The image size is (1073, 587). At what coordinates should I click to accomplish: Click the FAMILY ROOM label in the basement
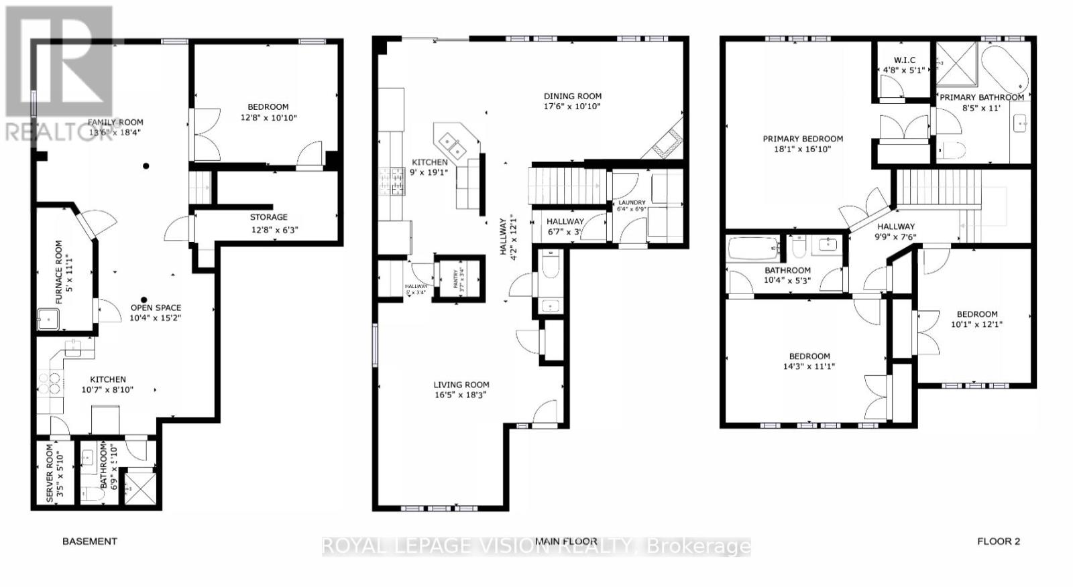tap(115, 127)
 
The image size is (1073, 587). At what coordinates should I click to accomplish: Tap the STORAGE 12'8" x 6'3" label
tap(269, 223)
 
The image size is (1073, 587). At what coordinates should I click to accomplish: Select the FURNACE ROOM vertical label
tap(64, 271)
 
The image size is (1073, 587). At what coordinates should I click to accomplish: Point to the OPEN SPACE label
tap(156, 312)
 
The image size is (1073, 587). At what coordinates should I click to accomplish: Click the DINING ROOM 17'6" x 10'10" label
tap(572, 101)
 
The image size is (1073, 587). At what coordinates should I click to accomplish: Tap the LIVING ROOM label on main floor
tap(461, 389)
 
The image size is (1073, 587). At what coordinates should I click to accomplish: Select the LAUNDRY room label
tap(632, 205)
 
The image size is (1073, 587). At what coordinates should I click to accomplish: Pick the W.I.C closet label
tap(904, 64)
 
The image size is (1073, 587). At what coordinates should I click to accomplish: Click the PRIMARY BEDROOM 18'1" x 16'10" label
tap(803, 143)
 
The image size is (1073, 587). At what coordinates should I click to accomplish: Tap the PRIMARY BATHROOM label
tap(981, 102)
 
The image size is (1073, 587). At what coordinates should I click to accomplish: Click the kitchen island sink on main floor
tap(453, 144)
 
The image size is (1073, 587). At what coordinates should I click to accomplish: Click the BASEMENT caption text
tap(90, 541)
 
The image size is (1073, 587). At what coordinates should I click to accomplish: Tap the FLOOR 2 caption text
tap(998, 541)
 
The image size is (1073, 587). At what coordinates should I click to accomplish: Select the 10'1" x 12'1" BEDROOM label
tap(976, 319)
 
